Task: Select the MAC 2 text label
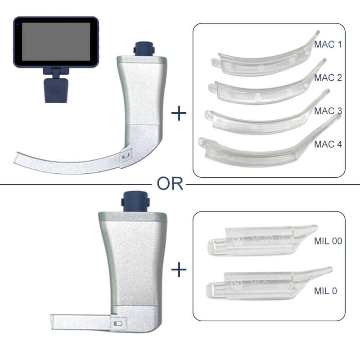(x=328, y=78)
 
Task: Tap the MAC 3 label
(x=328, y=111)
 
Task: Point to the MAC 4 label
(x=328, y=145)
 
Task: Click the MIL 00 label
(x=328, y=241)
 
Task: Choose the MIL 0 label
(x=325, y=291)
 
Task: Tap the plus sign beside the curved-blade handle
(x=179, y=113)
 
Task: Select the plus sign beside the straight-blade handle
(x=179, y=270)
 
